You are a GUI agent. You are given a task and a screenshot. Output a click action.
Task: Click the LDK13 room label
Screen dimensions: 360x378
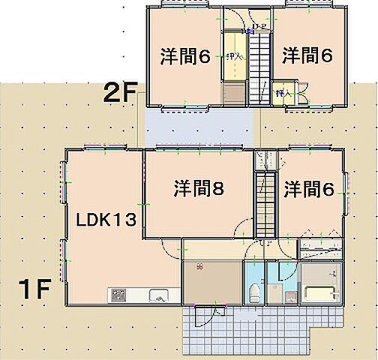pyautogui.click(x=106, y=220)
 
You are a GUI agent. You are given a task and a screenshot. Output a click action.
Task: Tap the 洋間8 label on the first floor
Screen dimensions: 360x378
pyautogui.click(x=196, y=189)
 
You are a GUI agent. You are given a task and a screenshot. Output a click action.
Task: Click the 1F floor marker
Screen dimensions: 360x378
pyautogui.click(x=34, y=288)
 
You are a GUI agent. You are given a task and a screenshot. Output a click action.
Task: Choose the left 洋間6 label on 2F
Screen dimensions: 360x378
pyautogui.click(x=184, y=56)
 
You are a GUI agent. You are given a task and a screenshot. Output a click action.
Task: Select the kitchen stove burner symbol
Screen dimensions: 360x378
pyautogui.click(x=120, y=295)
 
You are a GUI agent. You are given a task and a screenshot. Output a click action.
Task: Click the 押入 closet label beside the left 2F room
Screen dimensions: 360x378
pyautogui.click(x=233, y=56)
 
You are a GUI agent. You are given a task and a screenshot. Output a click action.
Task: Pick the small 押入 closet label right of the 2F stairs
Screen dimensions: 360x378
pyautogui.click(x=283, y=94)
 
